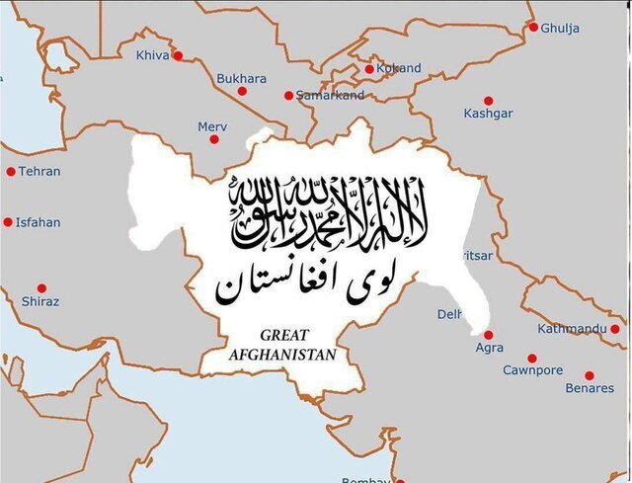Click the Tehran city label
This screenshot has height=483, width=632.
[x=39, y=171]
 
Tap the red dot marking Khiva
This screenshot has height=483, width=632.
[x=178, y=55]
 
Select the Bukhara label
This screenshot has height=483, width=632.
[x=241, y=78]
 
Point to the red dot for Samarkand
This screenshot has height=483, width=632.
[x=288, y=96]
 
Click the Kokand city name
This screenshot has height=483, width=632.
[x=399, y=68]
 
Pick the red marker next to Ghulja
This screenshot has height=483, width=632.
[x=533, y=27]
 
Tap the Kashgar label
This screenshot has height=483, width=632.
[x=488, y=114]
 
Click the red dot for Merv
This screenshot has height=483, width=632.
[x=214, y=139]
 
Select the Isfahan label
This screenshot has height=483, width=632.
[x=38, y=222]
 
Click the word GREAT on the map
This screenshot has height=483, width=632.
[x=284, y=336]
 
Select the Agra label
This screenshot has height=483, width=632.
[x=489, y=348]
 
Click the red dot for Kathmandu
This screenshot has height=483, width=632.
[x=615, y=329]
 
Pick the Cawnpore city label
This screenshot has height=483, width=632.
[x=532, y=370]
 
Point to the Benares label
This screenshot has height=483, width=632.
[x=589, y=388]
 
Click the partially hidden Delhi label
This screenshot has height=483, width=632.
[x=449, y=314]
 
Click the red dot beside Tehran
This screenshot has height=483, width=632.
[x=11, y=171]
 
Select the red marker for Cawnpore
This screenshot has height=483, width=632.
[x=532, y=359]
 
